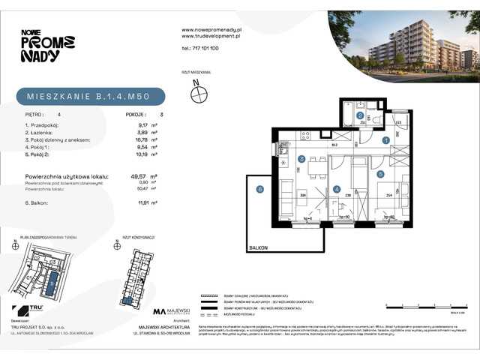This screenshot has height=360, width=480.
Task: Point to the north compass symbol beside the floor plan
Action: [199, 94]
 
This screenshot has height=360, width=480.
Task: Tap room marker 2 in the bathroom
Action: [360, 115]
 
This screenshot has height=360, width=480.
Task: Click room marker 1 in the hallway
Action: [385, 139]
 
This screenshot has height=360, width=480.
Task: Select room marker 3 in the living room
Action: [300, 159]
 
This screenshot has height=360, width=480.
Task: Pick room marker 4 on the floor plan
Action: [337, 188]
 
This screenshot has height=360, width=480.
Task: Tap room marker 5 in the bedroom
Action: [380, 174]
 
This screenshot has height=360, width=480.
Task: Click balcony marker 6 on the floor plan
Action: [260, 190]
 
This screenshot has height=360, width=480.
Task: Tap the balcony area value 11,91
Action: [136, 202]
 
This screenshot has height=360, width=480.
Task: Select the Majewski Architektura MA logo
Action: [160, 311]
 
